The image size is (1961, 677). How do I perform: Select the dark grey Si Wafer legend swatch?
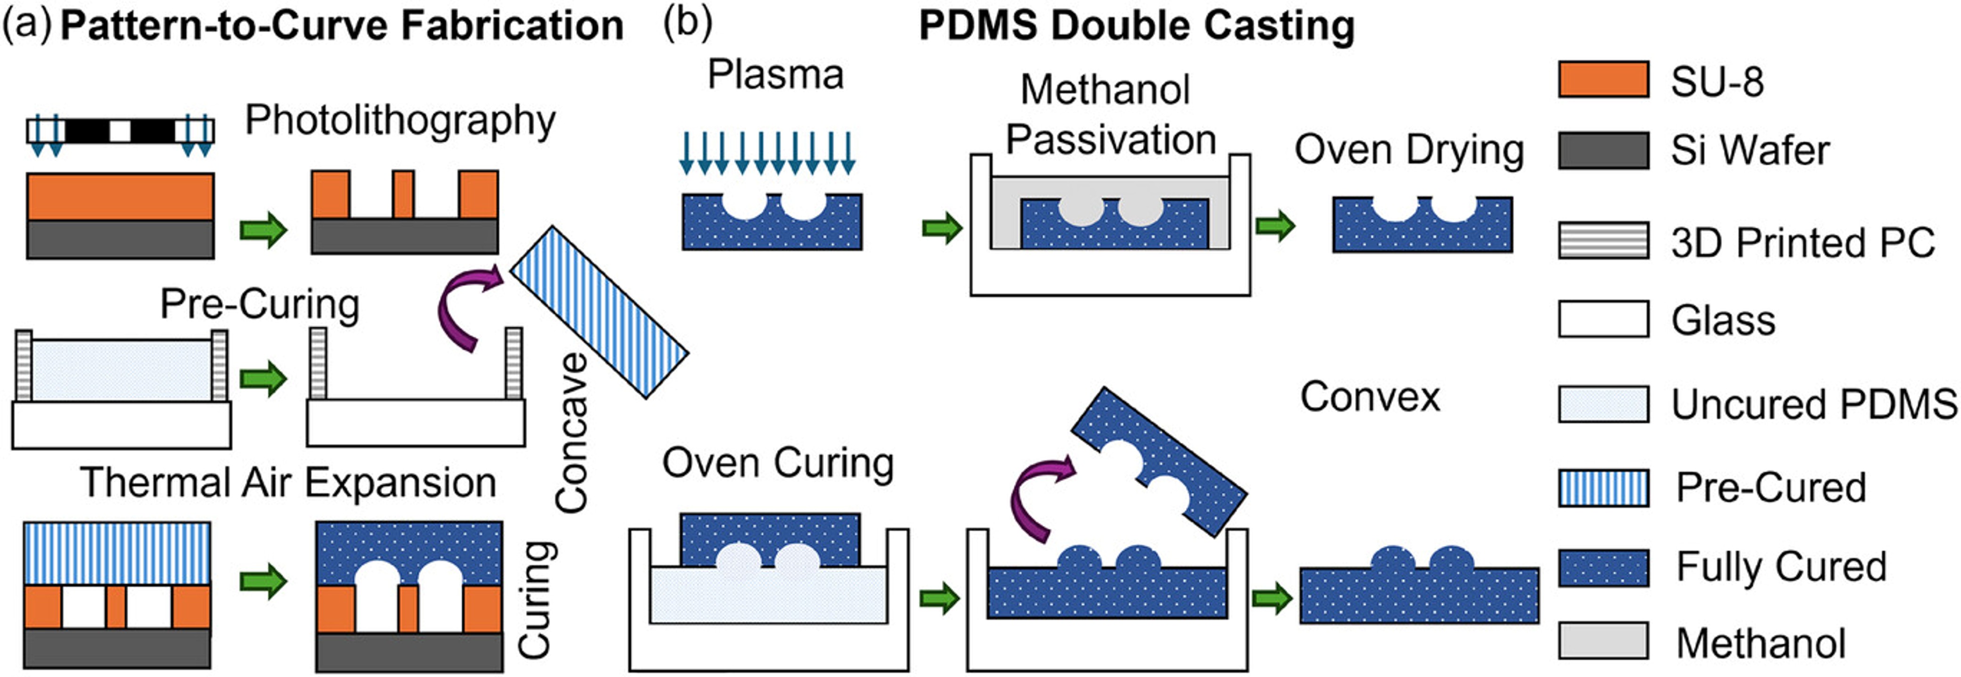click(1603, 150)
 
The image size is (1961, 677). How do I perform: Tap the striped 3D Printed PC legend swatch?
click(1603, 241)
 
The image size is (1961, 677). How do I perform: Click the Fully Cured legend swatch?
click(1603, 567)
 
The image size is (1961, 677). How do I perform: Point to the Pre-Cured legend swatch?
click(1603, 488)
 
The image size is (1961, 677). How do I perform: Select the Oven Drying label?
click(1409, 150)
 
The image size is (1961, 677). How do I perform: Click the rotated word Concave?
click(572, 432)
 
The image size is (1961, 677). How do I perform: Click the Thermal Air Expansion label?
click(288, 483)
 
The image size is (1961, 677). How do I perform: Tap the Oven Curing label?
click(777, 463)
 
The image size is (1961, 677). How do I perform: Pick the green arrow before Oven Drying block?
click(1275, 226)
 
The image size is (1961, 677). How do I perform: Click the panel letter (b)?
click(687, 22)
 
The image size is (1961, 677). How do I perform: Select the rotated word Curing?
click(535, 599)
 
